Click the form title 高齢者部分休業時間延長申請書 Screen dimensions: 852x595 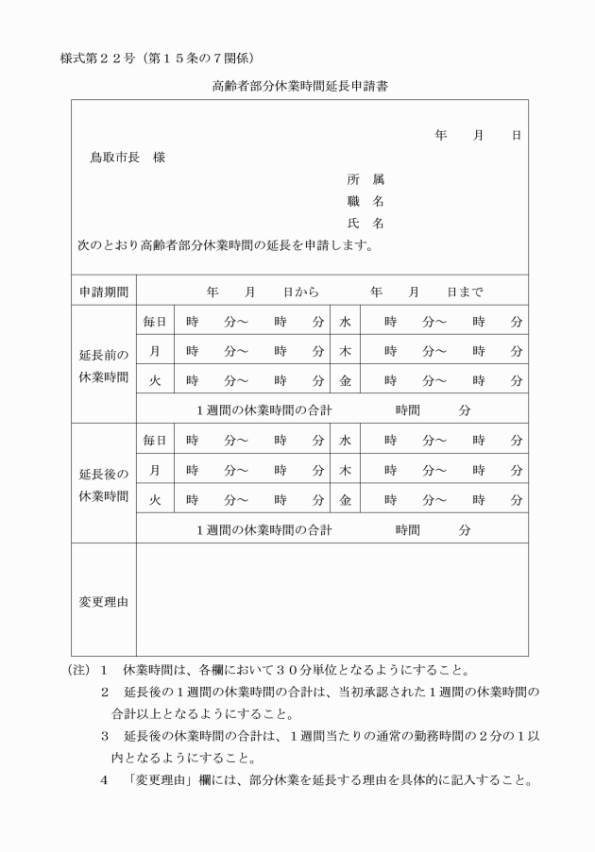[298, 86]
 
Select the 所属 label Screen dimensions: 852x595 [365, 179]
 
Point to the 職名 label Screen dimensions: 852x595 [365, 201]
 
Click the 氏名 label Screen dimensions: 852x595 [365, 224]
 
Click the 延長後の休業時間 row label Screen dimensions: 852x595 [104, 484]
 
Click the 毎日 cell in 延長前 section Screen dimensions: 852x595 [155, 322]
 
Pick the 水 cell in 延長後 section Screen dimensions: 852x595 [346, 440]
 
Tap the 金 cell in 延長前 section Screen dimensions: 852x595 [346, 380]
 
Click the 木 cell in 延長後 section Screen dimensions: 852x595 [346, 470]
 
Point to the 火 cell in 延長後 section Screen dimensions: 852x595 [155, 499]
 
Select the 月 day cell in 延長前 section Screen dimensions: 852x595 [155, 351]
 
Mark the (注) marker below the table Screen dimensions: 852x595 [79, 671]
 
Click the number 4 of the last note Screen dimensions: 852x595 [104, 779]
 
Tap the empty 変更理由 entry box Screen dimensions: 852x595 [331, 600]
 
